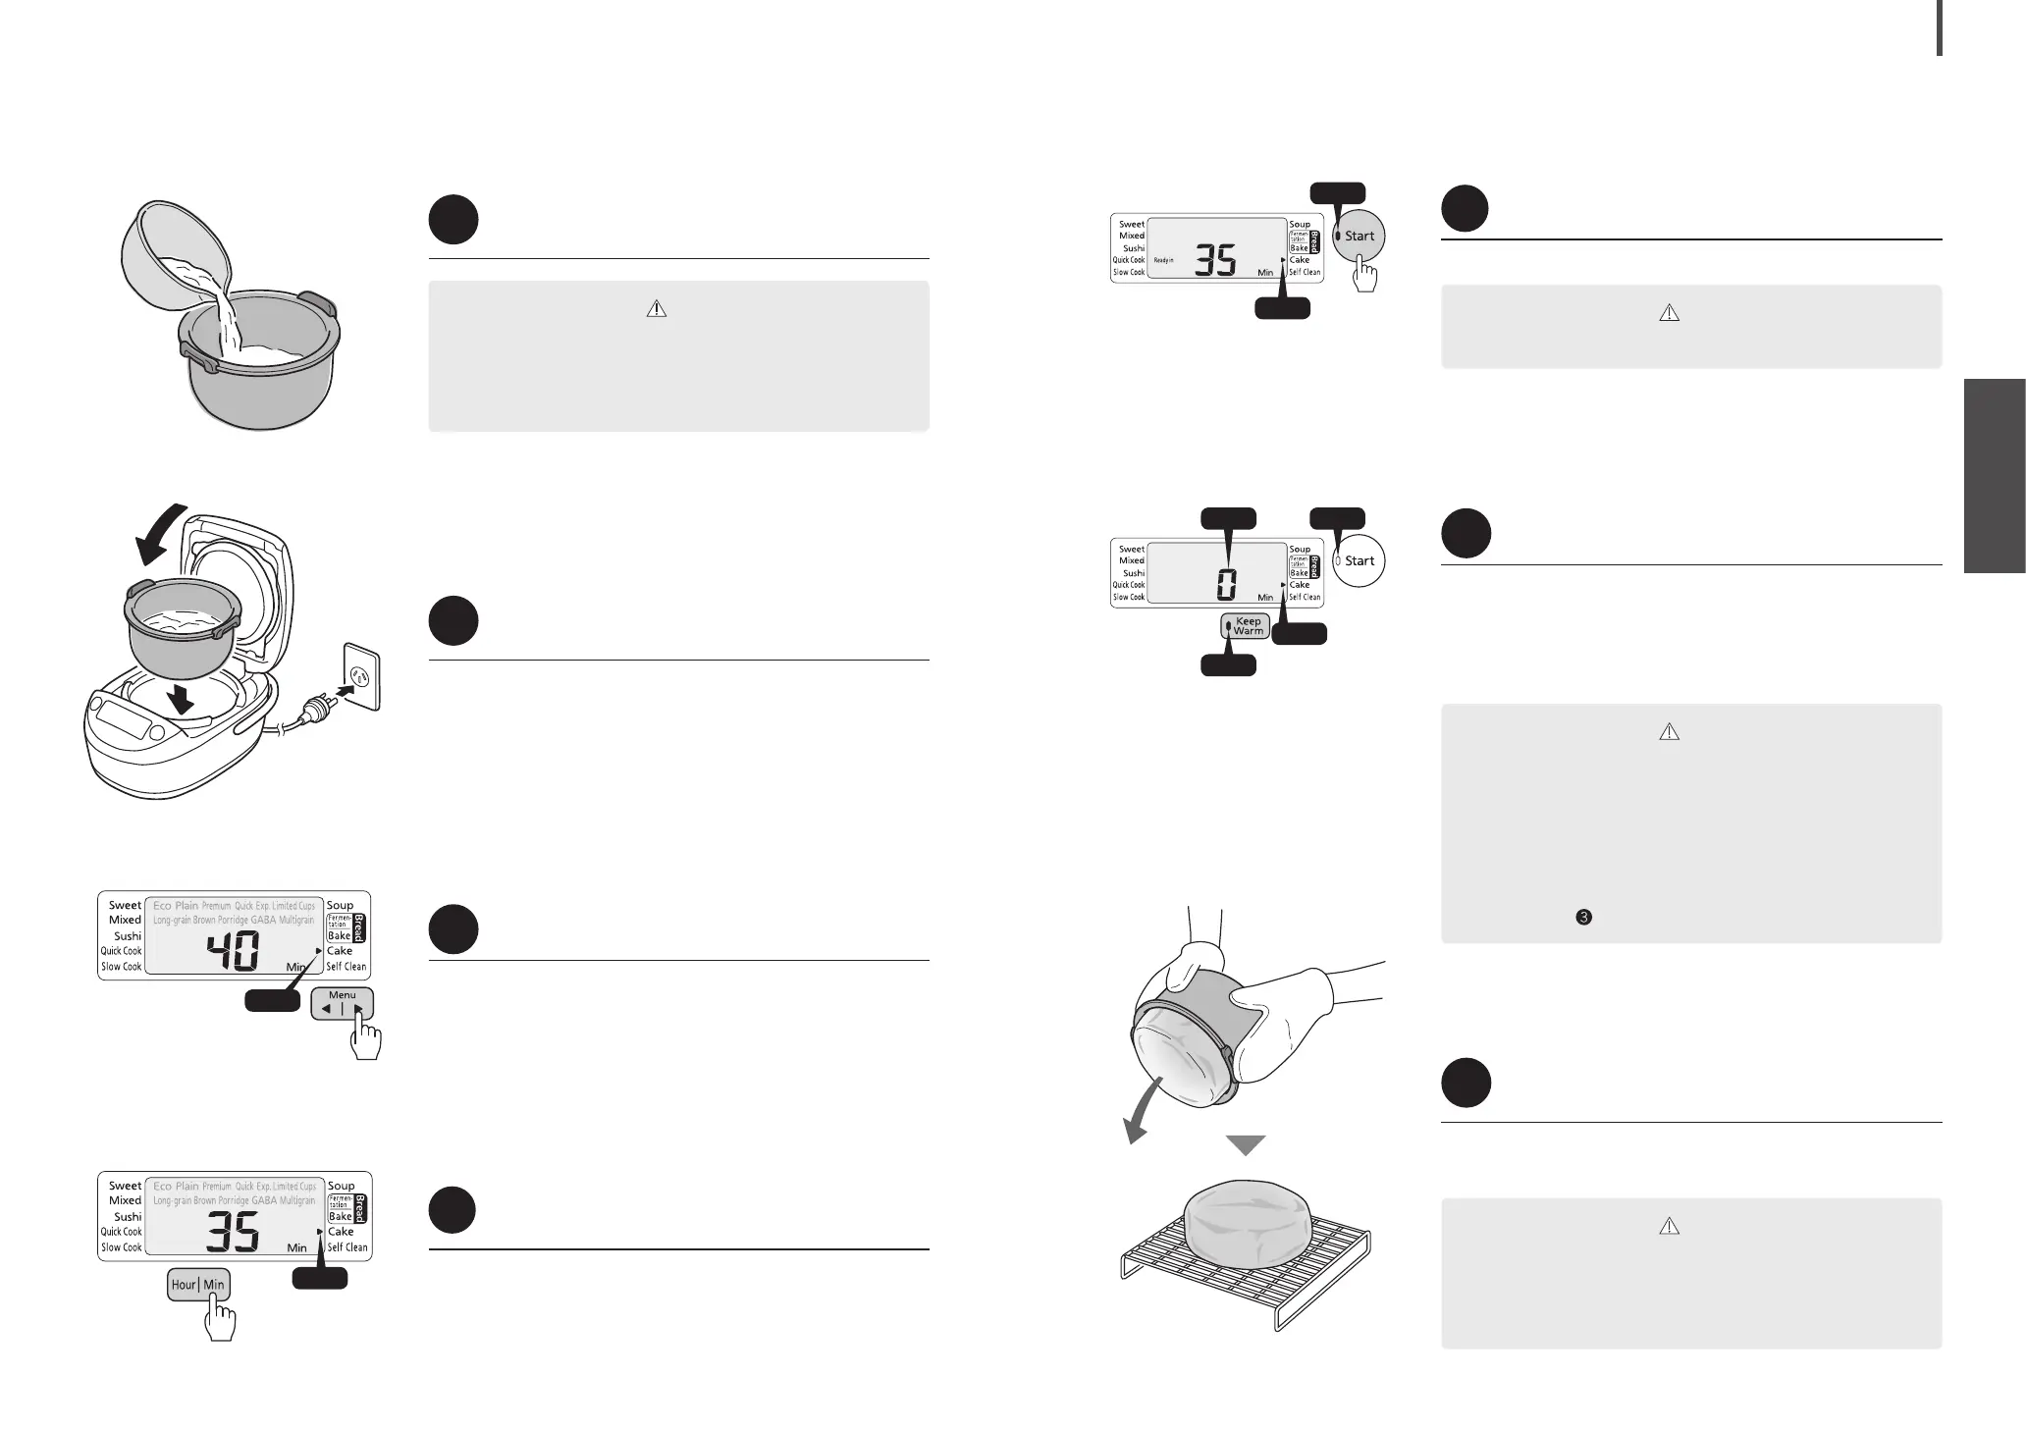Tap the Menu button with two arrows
343,1003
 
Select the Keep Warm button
1245,626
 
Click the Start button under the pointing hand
1359,237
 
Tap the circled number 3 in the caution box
1583,917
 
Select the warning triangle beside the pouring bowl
657,309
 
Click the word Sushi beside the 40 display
128,936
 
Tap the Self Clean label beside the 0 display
1305,597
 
